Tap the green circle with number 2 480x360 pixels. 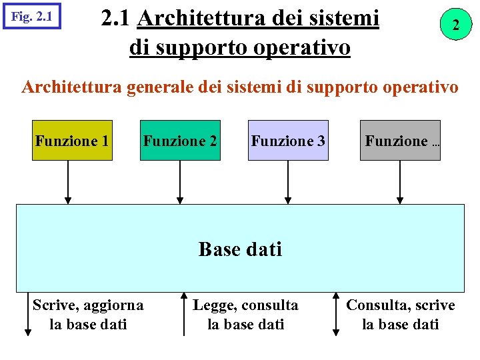point(455,25)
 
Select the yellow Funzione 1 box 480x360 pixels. point(73,141)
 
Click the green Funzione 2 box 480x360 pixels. point(180,141)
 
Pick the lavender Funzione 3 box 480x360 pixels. point(288,141)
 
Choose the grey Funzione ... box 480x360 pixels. point(400,141)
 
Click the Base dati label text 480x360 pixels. point(240,249)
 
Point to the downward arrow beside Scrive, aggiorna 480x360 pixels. point(27,313)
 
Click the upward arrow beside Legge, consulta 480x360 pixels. point(184,313)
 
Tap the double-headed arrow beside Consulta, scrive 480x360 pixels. point(336,313)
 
